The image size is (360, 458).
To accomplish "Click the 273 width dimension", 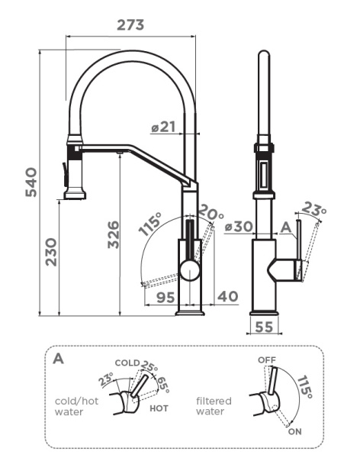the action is coord(130,25).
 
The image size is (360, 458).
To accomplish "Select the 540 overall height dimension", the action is coord(31,182).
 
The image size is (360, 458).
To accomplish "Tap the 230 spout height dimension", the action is coord(51,252).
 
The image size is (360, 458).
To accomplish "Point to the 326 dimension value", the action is coord(114,234).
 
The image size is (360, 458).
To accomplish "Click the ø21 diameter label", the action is coord(163,127).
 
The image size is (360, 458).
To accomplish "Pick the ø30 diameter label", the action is coord(239,227).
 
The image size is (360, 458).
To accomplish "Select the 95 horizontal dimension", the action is coord(166,298).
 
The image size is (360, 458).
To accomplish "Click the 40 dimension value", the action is coord(228,296).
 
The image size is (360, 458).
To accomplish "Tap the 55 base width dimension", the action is coord(264,327).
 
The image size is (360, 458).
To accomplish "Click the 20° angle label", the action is coord(211,212).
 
